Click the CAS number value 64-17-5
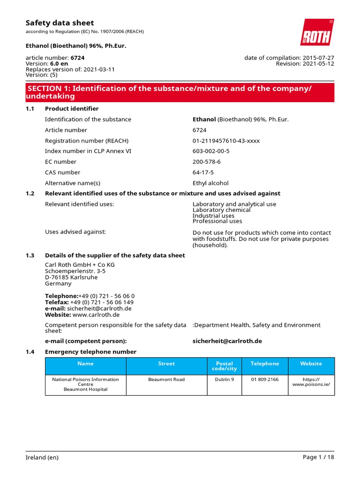click(x=203, y=172)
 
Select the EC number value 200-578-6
click(x=207, y=162)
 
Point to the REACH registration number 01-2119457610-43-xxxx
click(x=226, y=141)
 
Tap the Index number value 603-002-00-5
click(x=211, y=151)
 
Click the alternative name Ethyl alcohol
click(x=210, y=183)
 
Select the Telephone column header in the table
click(x=264, y=364)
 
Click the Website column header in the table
click(x=311, y=364)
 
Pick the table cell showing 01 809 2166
click(x=264, y=379)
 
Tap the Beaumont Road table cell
click(x=166, y=379)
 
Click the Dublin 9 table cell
click(x=225, y=379)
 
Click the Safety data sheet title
click(x=60, y=23)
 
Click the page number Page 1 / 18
click(x=319, y=457)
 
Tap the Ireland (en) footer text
click(x=42, y=457)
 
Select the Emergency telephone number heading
click(x=90, y=352)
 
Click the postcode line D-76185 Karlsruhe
click(x=71, y=277)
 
